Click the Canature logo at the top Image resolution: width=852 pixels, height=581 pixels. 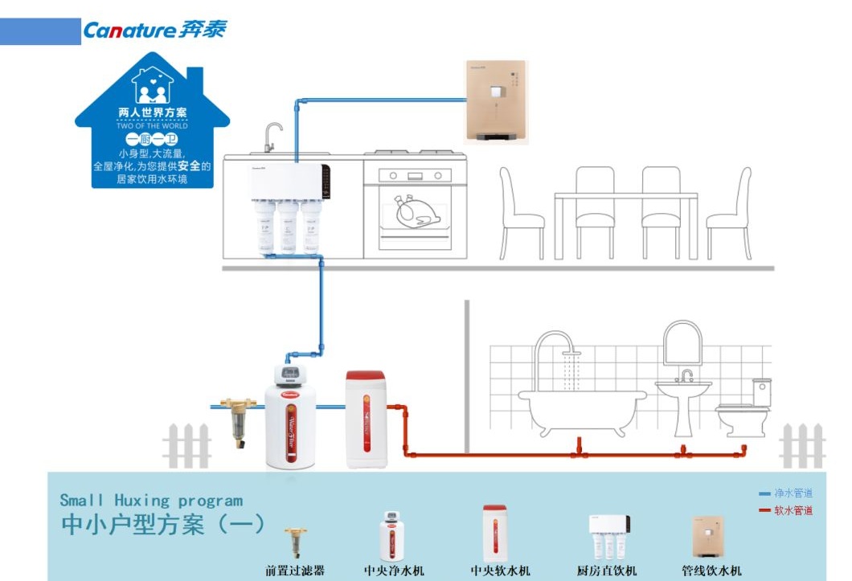[154, 31]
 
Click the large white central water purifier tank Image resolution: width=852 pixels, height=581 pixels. [290, 422]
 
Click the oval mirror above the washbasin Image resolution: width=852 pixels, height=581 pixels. [682, 341]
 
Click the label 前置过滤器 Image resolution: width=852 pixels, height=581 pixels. [296, 571]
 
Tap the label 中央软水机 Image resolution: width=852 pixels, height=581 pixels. [500, 571]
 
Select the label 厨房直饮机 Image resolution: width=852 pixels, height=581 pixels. [607, 571]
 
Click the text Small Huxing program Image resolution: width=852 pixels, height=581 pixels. [151, 501]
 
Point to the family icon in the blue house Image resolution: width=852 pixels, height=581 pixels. [152, 87]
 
